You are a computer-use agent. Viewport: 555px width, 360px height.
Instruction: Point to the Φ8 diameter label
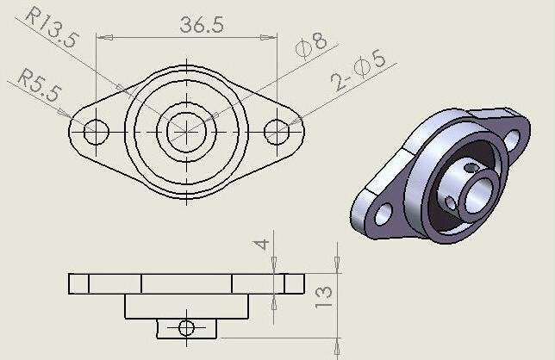point(311,44)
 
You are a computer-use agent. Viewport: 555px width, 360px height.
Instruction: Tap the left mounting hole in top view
point(96,132)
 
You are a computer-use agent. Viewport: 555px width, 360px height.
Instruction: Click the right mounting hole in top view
point(277,132)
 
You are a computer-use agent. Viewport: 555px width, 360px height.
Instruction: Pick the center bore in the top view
point(186,131)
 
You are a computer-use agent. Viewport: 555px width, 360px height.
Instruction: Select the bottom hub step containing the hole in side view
point(185,326)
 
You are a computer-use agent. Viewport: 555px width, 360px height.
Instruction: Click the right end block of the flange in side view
point(293,283)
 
